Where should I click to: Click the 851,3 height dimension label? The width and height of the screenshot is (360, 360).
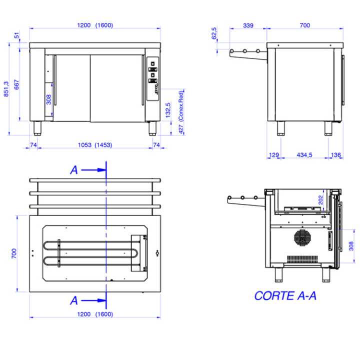click(x=6, y=89)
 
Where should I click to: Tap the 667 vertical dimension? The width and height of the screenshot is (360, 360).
click(x=17, y=84)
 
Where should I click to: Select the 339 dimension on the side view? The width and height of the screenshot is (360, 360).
click(x=248, y=25)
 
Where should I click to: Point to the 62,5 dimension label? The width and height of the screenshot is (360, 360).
click(x=214, y=33)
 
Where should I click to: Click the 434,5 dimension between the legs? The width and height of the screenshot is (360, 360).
click(x=304, y=155)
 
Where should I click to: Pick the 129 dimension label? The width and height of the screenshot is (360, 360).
click(x=273, y=155)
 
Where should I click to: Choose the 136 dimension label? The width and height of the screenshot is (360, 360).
click(x=335, y=155)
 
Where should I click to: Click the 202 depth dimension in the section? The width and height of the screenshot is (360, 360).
click(x=320, y=199)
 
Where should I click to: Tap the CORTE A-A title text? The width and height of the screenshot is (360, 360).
click(x=285, y=295)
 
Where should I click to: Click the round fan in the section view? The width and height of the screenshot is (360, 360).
click(x=303, y=238)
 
